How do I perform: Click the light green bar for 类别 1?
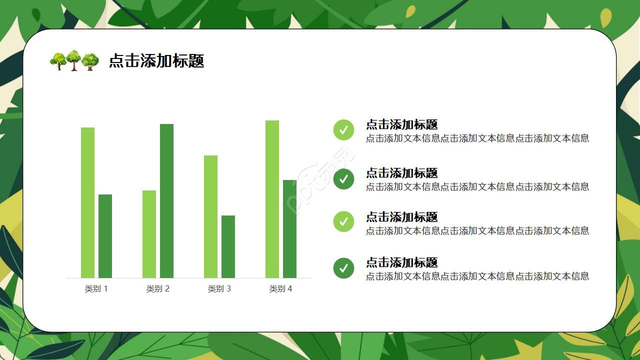click(87, 202)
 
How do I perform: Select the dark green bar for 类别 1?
click(105, 236)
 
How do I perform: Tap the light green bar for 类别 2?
click(149, 234)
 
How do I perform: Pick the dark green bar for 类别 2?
click(166, 200)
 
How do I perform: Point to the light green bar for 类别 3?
click(210, 216)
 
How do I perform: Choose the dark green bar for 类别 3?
click(228, 246)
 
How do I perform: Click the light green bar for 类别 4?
click(272, 199)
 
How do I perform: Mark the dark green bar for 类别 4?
click(289, 228)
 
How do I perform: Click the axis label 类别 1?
click(96, 288)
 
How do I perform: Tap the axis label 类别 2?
click(157, 288)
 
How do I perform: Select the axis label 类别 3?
click(219, 288)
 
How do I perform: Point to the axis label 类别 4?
click(280, 288)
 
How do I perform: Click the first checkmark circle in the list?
click(343, 130)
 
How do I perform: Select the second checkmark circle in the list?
click(343, 178)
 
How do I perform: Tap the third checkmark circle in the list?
click(343, 221)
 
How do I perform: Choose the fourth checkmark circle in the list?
click(343, 268)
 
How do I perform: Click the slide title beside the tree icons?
click(156, 61)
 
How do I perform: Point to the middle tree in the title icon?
click(73, 60)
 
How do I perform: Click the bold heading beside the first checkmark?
click(401, 124)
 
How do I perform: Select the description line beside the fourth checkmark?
click(477, 276)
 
